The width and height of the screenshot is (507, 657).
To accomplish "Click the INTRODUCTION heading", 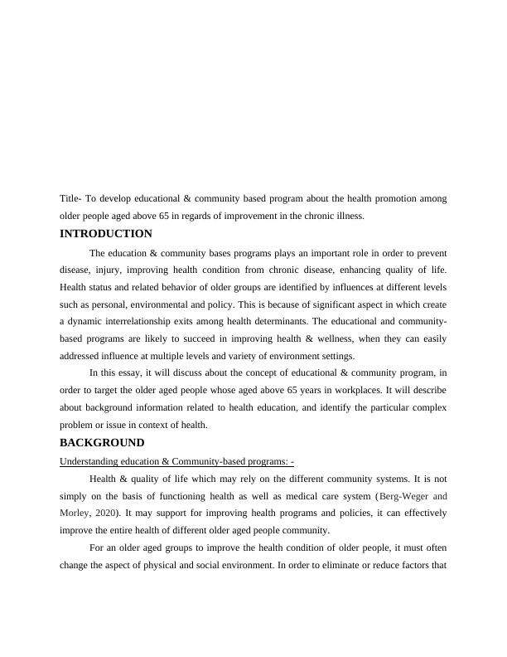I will (106, 234).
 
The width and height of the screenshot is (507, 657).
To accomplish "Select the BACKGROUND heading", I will (103, 443).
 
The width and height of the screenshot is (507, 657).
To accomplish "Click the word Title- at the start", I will (72, 199).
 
